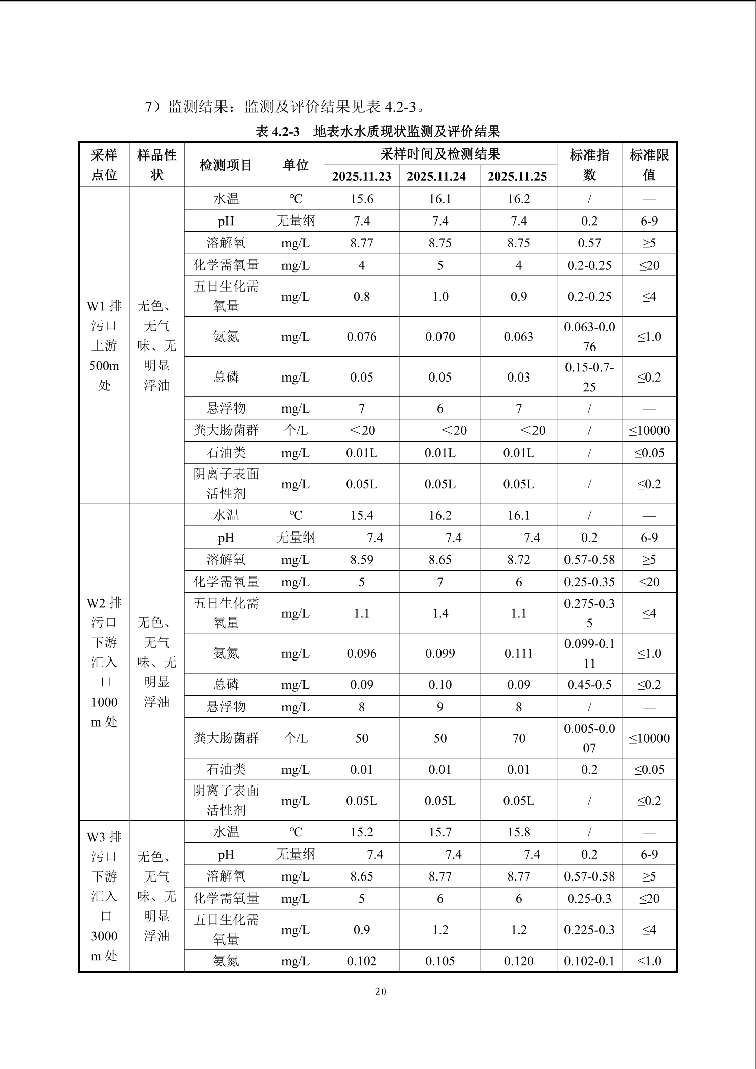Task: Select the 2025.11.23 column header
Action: coord(362,176)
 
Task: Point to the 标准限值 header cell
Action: coord(649,165)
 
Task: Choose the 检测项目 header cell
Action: coord(226,165)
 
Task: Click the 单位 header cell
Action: coord(296,165)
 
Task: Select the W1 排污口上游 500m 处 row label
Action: coord(104,345)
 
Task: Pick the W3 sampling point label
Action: coord(104,896)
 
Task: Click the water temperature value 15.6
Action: coord(362,199)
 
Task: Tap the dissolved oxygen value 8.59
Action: coord(362,560)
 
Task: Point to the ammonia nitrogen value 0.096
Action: coord(362,653)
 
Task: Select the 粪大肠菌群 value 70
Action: coord(519,738)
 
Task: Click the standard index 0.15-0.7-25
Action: coord(589,377)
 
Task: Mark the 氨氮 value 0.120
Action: coord(519,961)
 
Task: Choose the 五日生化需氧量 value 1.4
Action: coord(440,613)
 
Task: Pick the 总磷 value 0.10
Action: coord(440,685)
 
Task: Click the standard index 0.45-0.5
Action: coord(589,685)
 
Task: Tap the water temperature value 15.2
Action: coord(362,832)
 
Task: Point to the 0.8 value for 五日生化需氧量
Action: coord(362,297)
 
